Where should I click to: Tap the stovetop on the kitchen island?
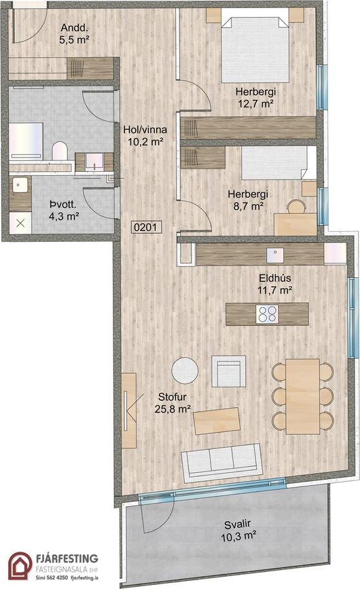click(267, 314)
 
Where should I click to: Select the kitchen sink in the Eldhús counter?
click(276, 255)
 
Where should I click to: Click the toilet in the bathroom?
click(60, 151)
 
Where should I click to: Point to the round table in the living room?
click(185, 370)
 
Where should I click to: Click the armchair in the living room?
click(229, 371)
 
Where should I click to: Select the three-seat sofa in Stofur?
click(221, 462)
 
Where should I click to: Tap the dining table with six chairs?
click(302, 396)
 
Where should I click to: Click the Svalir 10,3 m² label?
click(238, 531)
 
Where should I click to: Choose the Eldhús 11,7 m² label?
click(275, 284)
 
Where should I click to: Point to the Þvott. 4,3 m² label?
click(63, 211)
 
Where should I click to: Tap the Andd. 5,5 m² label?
click(74, 34)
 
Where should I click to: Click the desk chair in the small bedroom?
click(296, 207)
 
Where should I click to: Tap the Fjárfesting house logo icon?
click(20, 566)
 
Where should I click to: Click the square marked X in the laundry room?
click(20, 224)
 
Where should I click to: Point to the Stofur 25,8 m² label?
click(173, 403)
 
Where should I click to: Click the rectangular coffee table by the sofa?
click(217, 421)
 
